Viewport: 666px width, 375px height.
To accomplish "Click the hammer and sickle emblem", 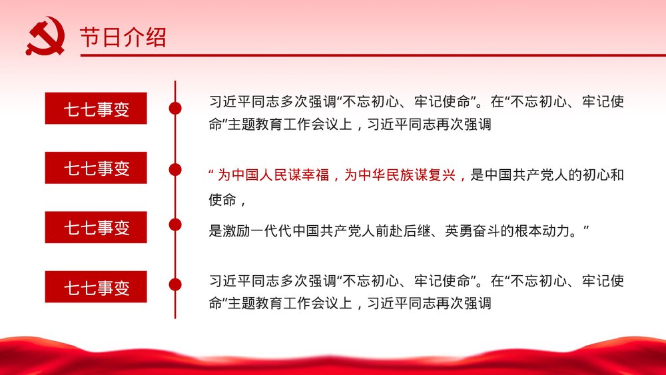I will [45, 36].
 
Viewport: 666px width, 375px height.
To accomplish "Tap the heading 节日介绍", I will [123, 37].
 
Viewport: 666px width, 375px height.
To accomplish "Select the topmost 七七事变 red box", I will [96, 109].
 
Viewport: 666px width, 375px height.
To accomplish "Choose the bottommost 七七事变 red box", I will [96, 287].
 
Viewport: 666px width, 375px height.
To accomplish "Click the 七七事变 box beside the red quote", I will [96, 168].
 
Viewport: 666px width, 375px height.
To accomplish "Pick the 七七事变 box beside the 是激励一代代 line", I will [96, 228].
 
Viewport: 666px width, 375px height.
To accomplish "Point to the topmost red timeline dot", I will [175, 109].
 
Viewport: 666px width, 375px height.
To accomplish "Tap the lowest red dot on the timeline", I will [175, 285].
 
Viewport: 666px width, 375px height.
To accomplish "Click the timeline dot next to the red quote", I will [175, 169].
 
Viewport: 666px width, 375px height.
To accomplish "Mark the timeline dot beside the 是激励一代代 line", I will [175, 224].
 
